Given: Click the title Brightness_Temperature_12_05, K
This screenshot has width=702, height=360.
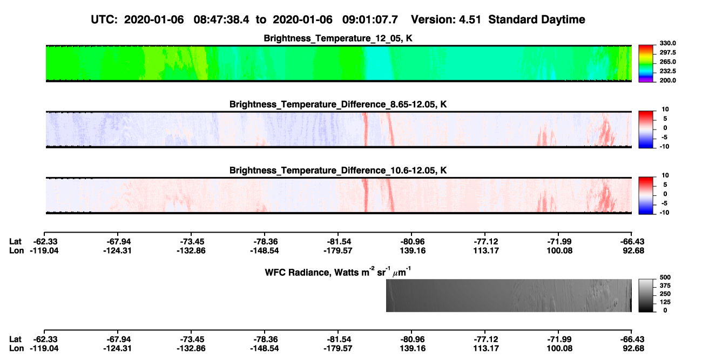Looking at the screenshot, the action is coord(338,38).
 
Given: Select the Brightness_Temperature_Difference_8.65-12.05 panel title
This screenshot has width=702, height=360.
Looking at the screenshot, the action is coord(338,104).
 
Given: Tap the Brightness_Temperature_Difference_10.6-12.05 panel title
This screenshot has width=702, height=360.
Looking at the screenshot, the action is coord(338,171).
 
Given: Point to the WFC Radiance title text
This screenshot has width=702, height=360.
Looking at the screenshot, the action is coord(338,272).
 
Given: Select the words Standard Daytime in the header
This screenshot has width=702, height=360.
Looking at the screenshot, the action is coord(537,19).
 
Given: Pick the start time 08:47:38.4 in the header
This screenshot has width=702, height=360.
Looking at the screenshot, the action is coord(221,19).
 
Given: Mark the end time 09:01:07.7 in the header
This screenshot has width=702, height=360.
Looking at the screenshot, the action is coord(370,19).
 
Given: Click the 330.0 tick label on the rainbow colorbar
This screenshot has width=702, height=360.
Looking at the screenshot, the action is coord(667,43).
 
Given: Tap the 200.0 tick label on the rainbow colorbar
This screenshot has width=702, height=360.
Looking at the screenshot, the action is coord(667,80).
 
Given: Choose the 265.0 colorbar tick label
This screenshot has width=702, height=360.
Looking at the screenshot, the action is coord(667,62).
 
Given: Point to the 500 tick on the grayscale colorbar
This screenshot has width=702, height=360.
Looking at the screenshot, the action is coord(665,277).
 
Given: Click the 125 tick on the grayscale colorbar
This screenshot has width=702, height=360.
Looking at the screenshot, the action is coord(665,302).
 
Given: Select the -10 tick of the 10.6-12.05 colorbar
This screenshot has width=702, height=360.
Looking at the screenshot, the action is coord(664,213).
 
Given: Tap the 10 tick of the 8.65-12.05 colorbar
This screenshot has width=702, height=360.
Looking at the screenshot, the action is coord(665,110).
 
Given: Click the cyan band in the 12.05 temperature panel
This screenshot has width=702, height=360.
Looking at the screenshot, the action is coord(379,63).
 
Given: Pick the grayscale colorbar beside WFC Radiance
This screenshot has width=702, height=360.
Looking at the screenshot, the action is coord(646,295).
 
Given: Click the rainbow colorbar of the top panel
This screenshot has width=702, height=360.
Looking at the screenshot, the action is coord(646,64).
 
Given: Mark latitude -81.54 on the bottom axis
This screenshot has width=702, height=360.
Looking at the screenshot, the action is coord(338,339).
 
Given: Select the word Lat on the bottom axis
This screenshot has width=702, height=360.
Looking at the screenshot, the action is coord(15,339).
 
